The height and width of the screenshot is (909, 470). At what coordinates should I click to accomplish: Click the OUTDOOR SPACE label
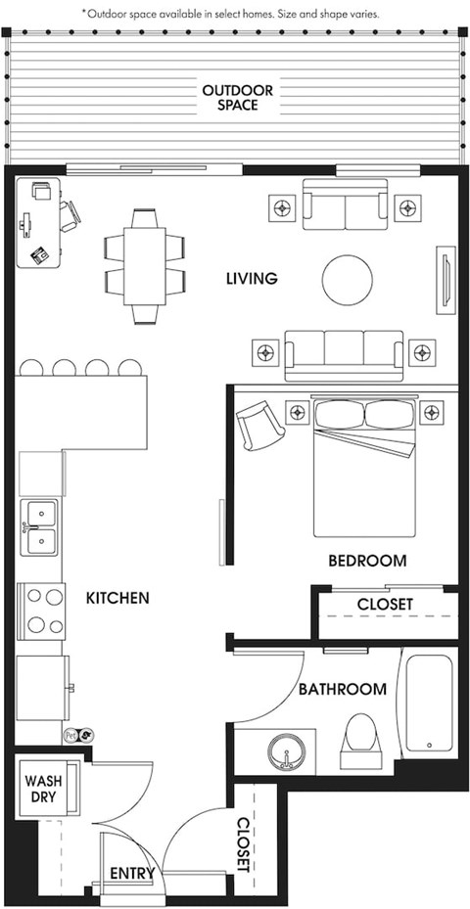point(237,98)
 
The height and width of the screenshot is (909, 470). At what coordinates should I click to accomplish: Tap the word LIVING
point(252,279)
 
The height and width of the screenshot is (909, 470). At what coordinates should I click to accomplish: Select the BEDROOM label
point(367,561)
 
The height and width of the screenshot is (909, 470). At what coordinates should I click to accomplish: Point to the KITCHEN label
point(117,598)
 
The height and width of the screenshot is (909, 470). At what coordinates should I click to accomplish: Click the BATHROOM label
point(343,689)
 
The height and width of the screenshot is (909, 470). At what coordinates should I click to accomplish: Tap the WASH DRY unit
point(45,789)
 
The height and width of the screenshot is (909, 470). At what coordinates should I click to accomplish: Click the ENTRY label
point(132,873)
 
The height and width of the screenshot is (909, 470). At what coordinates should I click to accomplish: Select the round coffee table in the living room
point(347,280)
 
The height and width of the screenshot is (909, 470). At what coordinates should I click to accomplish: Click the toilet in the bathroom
point(360,736)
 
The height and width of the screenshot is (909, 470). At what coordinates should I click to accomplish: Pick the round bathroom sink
point(287,751)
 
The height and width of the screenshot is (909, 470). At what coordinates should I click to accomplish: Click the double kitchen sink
point(39,527)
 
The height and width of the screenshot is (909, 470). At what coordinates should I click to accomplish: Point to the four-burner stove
point(42,611)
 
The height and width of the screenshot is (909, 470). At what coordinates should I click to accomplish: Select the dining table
point(145,266)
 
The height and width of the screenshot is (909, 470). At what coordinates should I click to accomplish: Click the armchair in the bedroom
point(259,425)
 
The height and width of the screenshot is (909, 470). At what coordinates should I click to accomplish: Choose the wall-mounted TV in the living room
point(446,280)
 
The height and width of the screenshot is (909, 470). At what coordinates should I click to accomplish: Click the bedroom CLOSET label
point(385,604)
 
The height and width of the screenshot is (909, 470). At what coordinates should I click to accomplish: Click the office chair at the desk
point(70,215)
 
